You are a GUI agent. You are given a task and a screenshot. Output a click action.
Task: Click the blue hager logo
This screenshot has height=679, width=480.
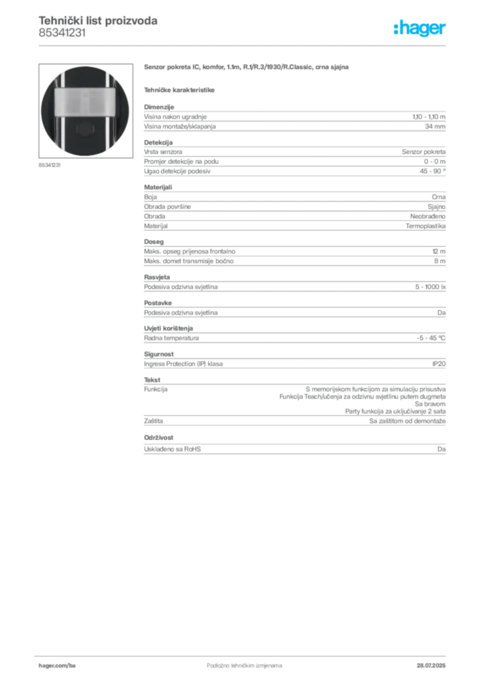[x=420, y=29]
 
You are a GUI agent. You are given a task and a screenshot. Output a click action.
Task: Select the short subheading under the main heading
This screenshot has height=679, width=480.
[x=180, y=88]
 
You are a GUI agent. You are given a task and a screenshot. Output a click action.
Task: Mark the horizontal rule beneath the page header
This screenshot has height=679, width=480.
[x=244, y=45]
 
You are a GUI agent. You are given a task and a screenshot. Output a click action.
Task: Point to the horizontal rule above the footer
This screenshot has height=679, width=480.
[x=244, y=654]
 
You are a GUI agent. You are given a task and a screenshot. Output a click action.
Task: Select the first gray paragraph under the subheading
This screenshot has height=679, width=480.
[x=294, y=119]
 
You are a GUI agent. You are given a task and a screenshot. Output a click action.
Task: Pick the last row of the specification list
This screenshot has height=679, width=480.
[x=294, y=449]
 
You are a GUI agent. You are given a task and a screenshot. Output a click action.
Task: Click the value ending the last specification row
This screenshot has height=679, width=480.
[x=443, y=449]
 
